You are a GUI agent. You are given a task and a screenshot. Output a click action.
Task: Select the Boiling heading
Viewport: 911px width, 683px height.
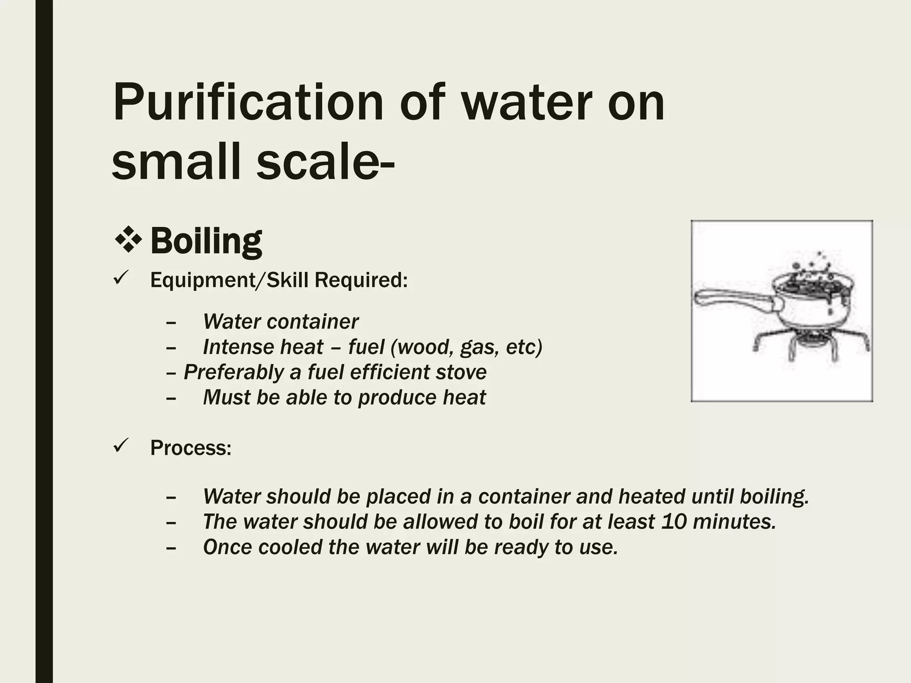206,241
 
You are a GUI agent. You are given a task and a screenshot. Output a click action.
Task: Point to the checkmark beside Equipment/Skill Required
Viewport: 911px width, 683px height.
121,279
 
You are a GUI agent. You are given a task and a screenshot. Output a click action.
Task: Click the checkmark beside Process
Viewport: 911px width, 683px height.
121,446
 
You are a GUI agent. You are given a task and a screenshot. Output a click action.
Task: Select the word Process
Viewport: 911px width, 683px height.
190,448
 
